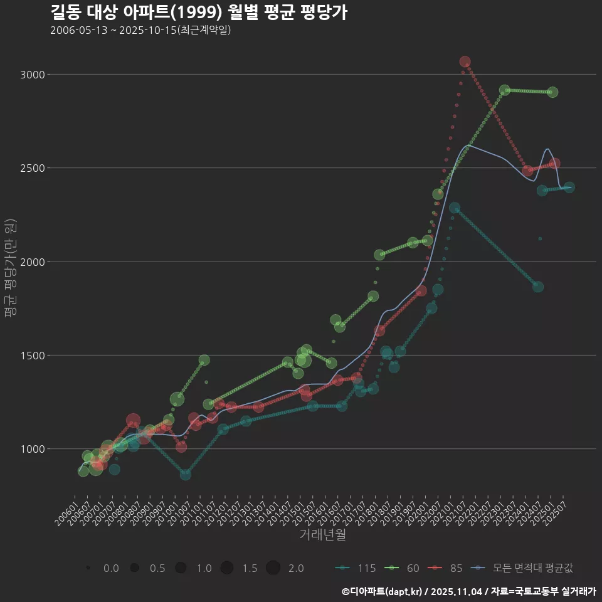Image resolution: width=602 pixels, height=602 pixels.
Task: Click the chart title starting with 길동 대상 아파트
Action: tap(198, 13)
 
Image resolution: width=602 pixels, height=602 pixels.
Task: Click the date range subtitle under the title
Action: tap(141, 30)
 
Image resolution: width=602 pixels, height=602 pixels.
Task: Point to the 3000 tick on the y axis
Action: tap(32, 75)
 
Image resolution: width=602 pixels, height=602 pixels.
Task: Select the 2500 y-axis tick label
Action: tap(32, 168)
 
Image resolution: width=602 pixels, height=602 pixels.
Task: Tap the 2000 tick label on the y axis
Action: tap(32, 261)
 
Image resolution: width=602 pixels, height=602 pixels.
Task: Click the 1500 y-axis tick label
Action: tap(32, 355)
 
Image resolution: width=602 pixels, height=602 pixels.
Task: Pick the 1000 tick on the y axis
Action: tap(32, 449)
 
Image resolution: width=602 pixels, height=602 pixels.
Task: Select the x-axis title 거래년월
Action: tap(322, 535)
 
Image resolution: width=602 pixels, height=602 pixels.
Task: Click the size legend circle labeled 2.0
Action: tap(273, 568)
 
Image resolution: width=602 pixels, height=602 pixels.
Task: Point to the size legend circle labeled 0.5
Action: tap(134, 568)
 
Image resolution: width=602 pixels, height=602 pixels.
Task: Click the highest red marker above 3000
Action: tap(465, 61)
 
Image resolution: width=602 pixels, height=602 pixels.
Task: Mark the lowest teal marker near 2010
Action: tap(186, 475)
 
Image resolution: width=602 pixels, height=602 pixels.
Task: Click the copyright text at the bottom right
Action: tap(468, 591)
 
